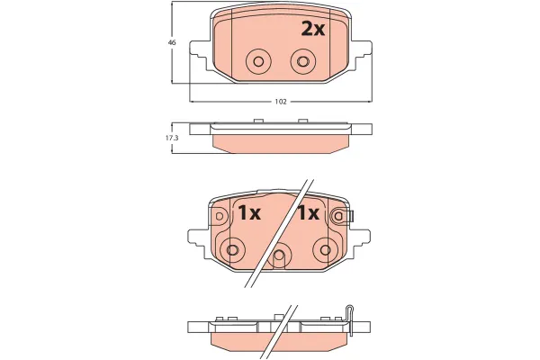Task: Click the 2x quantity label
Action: pos(312,29)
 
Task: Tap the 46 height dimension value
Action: pos(171,42)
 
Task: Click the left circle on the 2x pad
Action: pos(258,61)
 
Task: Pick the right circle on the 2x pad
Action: pos(303,61)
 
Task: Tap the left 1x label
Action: pos(247,213)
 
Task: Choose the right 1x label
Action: pos(309,213)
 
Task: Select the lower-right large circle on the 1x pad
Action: pos(323,248)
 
